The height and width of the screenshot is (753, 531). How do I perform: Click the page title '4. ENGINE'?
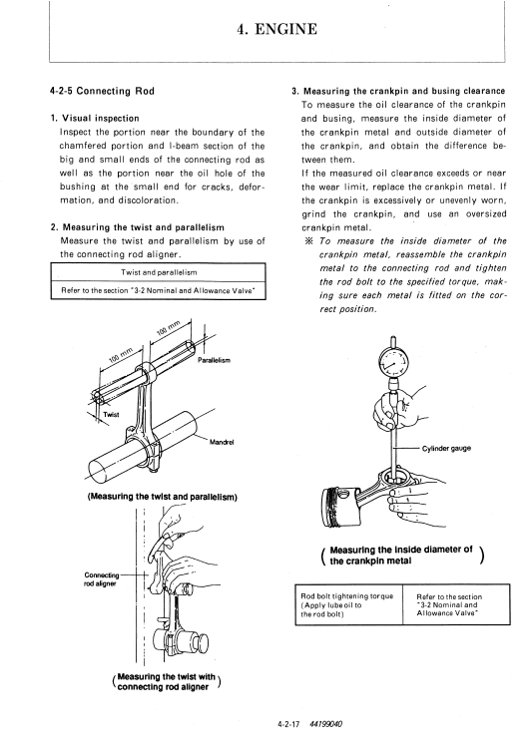276,29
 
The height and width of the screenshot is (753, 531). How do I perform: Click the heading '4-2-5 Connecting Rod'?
103,91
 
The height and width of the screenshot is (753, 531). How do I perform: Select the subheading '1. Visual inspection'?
95,118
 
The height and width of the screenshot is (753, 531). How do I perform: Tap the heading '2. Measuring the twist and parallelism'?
138,227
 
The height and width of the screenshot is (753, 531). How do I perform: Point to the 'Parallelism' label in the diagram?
214,360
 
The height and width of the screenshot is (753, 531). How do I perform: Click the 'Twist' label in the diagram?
111,415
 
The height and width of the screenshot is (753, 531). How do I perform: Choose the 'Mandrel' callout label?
222,442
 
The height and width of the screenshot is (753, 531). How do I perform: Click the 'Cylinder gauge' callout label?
446,449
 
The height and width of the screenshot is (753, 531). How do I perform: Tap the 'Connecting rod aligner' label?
102,579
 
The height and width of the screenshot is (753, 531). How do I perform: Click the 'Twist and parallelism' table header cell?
159,272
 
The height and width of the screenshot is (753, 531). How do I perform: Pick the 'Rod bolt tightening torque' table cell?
349,604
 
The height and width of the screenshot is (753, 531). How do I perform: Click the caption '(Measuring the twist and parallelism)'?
162,497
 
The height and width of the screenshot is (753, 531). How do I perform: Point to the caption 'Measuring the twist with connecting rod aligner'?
166,682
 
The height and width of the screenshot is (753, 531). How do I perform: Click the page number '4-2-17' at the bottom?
288,725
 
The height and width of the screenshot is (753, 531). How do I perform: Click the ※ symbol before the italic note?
309,241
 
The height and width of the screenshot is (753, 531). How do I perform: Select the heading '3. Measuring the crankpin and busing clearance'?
398,91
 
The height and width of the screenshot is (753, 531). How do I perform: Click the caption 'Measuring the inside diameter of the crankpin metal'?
401,556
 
